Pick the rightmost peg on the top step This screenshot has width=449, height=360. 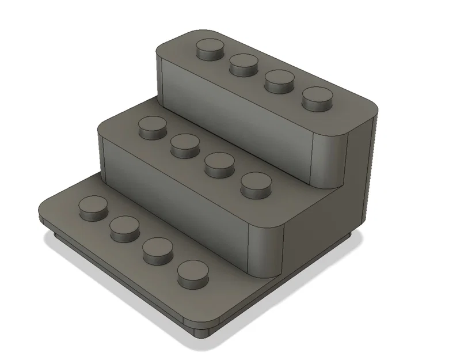(x=317, y=98)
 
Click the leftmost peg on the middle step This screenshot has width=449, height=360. (x=153, y=127)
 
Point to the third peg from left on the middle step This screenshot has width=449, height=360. (x=219, y=163)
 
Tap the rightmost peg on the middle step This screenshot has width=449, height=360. (x=256, y=184)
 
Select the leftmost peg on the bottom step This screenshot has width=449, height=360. (x=93, y=207)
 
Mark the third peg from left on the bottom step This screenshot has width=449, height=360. (x=158, y=249)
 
